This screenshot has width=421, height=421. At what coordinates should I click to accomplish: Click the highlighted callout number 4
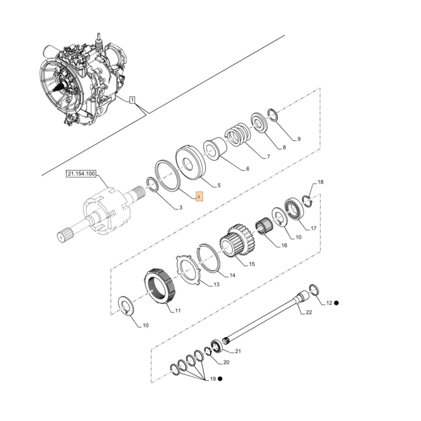[x=200, y=197]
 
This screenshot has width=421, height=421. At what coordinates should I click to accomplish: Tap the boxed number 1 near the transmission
[x=132, y=100]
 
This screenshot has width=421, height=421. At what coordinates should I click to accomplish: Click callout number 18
[x=320, y=182]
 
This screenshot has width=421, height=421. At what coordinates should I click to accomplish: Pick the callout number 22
[x=309, y=312]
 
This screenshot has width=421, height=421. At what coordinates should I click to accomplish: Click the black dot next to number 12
[x=336, y=303]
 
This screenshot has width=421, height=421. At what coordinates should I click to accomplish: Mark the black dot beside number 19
[x=220, y=379]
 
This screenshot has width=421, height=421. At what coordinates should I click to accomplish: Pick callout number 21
[x=237, y=352]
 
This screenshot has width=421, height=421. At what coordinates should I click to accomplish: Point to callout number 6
[x=247, y=169]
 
